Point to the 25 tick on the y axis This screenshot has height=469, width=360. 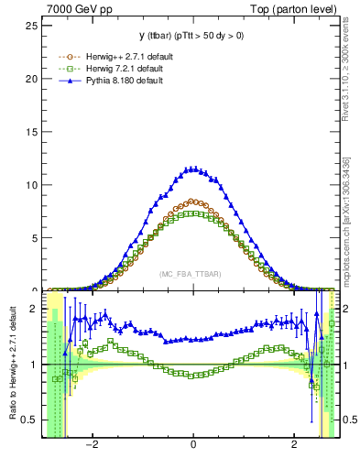(32, 25)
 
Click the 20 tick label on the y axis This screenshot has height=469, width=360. (32, 78)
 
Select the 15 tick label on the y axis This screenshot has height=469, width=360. (32, 131)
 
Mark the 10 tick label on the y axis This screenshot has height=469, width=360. (32, 184)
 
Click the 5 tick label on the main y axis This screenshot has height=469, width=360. (35, 237)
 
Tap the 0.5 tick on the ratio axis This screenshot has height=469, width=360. (30, 420)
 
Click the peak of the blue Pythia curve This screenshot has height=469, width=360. (191, 169)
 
